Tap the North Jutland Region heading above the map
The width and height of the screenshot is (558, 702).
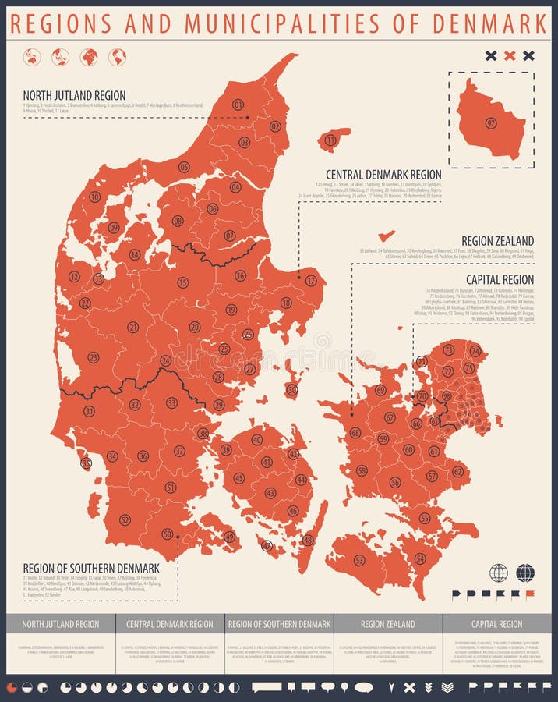click(74, 96)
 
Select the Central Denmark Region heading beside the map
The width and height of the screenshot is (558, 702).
click(383, 175)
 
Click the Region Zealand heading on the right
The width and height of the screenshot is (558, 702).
click(497, 241)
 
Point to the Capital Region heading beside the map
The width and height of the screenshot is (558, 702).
click(500, 279)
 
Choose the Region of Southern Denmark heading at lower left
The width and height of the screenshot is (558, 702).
click(91, 568)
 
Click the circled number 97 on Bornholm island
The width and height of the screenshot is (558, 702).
click(491, 123)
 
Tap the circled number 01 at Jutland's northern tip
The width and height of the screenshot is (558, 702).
click(238, 105)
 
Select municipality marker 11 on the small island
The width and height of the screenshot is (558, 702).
click(330, 140)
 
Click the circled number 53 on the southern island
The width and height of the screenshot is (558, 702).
click(359, 560)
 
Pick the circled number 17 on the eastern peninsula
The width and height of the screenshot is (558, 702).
click(311, 281)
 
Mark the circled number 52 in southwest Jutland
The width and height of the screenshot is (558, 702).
click(125, 519)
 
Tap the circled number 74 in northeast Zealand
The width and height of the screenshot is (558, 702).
click(475, 351)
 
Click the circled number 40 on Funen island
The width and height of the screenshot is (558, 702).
click(256, 440)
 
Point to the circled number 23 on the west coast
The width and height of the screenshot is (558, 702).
click(93, 357)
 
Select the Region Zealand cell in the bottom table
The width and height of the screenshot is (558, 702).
click(388, 624)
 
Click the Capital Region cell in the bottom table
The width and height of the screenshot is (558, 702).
click(496, 624)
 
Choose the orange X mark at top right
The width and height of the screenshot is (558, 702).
click(510, 55)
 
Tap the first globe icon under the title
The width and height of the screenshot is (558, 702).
click(32, 57)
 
